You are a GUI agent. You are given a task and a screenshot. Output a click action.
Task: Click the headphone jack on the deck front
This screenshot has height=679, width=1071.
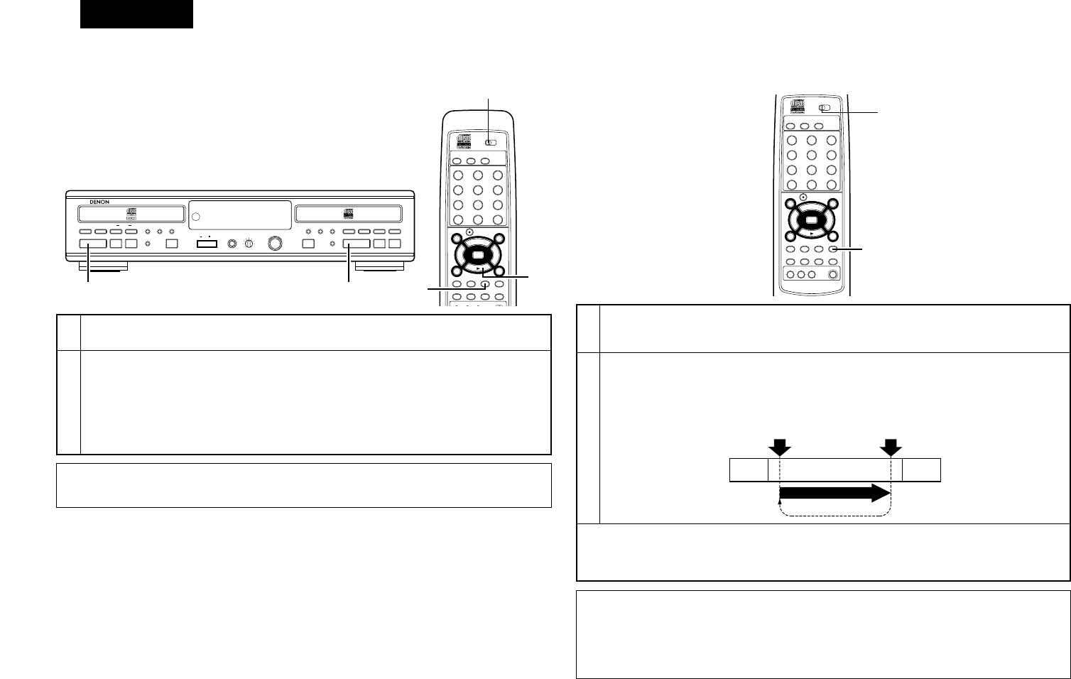coord(232,244)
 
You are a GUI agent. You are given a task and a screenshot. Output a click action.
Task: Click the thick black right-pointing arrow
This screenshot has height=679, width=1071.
coord(834,494)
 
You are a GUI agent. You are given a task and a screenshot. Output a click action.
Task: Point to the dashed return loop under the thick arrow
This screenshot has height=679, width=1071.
coord(834,514)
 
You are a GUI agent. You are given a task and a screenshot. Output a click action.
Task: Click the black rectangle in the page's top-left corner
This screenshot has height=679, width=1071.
coord(136,14)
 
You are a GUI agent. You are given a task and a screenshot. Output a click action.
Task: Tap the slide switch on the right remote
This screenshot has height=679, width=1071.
coord(824,109)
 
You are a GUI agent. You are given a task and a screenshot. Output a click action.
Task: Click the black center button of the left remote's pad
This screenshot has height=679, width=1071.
coord(477,254)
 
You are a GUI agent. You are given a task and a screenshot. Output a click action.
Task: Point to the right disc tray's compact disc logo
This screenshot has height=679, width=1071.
coord(348,212)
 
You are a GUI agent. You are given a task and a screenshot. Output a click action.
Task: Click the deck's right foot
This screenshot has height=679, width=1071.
coord(379,268)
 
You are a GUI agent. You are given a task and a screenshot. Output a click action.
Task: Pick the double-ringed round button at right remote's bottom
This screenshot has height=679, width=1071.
coord(832,275)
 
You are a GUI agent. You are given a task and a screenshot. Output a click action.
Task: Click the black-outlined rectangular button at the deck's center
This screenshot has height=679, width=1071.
coord(207,244)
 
